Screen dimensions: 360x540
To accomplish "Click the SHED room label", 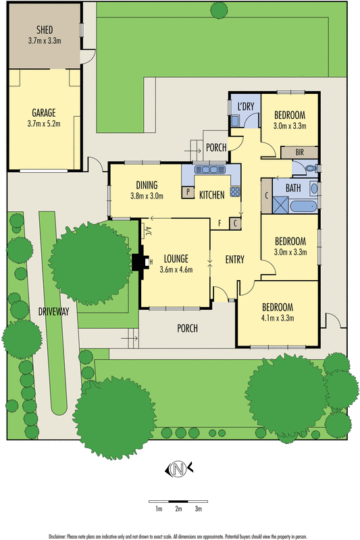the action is (x=45, y=30).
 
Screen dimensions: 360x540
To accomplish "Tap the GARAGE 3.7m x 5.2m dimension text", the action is (x=44, y=124).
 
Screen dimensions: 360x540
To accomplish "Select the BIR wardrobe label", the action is (x=300, y=153).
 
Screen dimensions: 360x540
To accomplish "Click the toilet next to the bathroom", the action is (x=311, y=168).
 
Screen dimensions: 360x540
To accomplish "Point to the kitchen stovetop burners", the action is (x=235, y=192).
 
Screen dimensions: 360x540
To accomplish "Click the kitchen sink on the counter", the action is (x=210, y=169).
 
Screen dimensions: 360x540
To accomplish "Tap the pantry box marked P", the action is (x=188, y=192).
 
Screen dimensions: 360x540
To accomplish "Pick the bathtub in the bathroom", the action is (x=303, y=207).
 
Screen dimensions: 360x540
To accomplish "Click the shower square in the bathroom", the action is (x=281, y=205).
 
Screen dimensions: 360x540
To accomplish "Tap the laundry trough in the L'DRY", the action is (x=235, y=121).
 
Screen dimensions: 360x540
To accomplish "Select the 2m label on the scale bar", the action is (x=178, y=508).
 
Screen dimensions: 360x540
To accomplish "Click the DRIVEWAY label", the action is (x=54, y=312).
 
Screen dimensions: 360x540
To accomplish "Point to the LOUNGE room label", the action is (x=176, y=259).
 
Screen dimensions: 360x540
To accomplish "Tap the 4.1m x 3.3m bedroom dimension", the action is (x=278, y=318).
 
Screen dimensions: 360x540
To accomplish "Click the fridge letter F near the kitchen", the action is (x=220, y=223).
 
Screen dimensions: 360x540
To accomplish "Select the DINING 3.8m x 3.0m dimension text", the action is (x=147, y=196).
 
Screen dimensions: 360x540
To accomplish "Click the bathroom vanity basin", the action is (x=314, y=188).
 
